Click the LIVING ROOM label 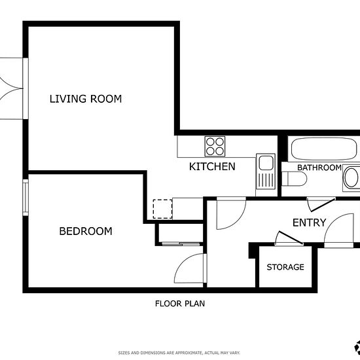[x=86, y=99]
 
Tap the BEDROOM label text [x=86, y=231]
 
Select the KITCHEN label [x=212, y=166]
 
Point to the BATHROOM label [x=319, y=168]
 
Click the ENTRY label [x=309, y=223]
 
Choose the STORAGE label [x=285, y=267]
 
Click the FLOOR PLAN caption [x=180, y=304]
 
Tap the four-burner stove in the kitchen [x=215, y=146]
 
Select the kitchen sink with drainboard [x=266, y=171]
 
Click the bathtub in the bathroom [x=324, y=149]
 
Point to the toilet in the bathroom [x=294, y=179]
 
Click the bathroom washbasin [x=351, y=178]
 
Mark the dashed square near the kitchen [x=162, y=209]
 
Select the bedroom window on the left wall [x=26, y=198]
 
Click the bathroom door [x=322, y=205]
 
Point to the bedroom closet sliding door [x=181, y=243]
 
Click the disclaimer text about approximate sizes [x=179, y=353]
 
